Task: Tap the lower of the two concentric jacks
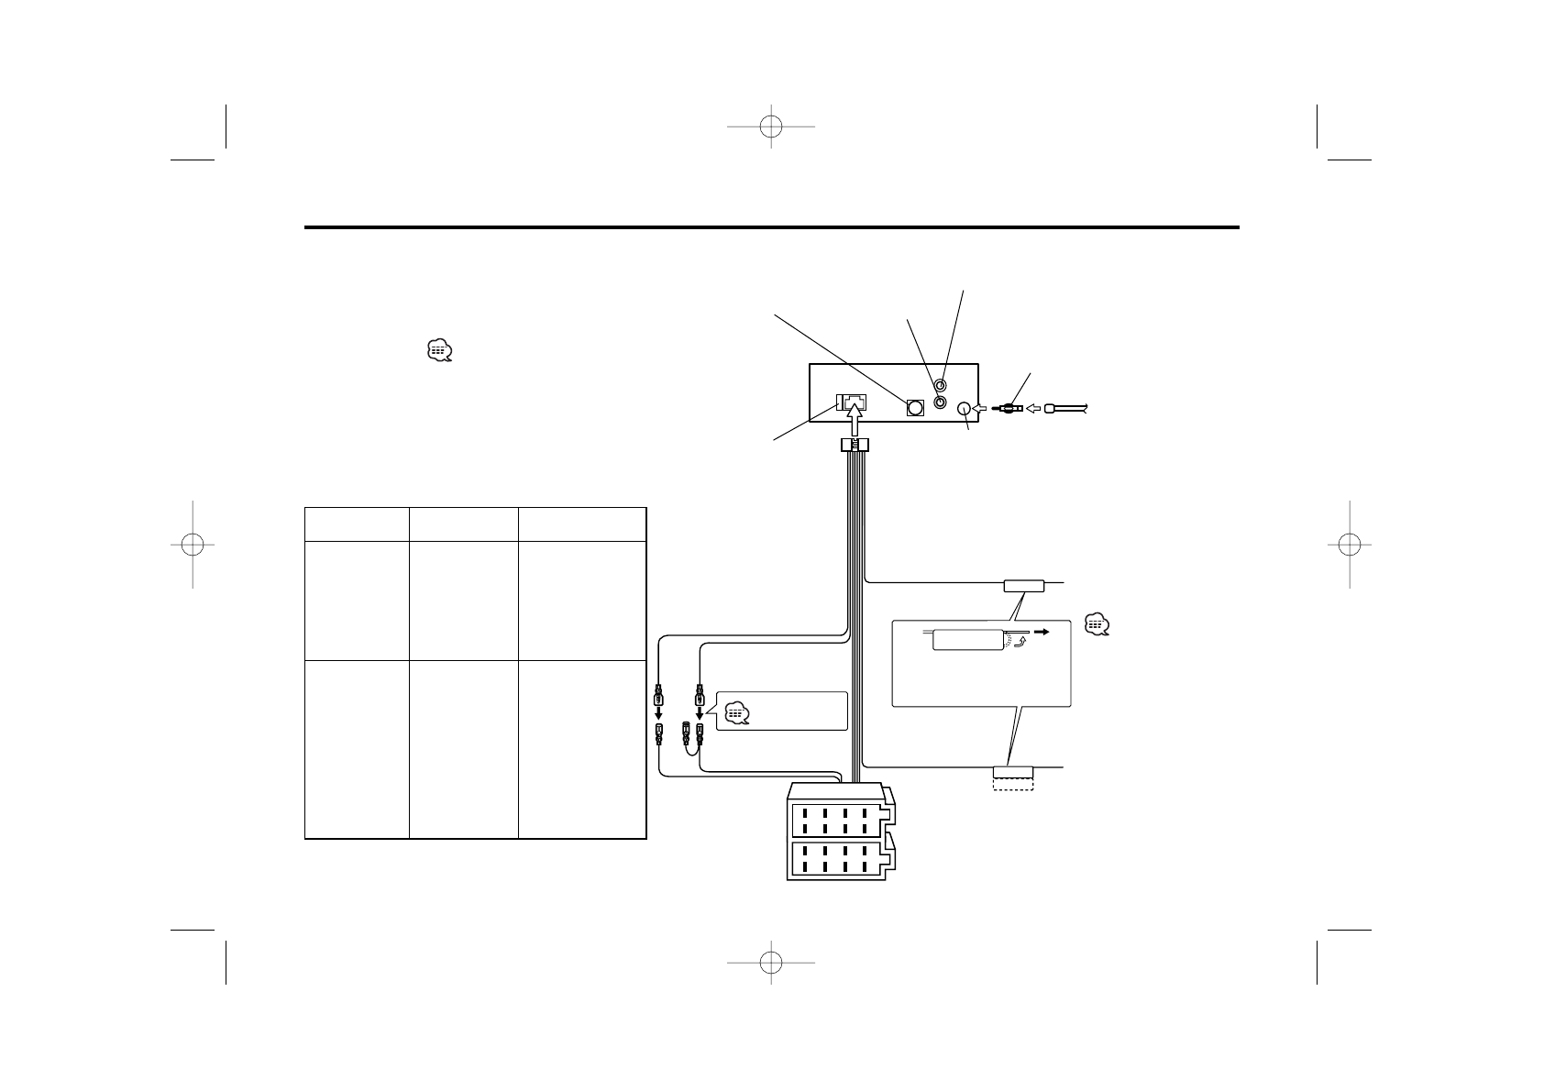(940, 402)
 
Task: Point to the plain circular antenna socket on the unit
(964, 409)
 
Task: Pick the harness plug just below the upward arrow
(855, 446)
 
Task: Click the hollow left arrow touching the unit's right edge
(979, 409)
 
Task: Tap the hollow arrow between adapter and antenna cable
(1031, 409)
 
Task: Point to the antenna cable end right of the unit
(1064, 409)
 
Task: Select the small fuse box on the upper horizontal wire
(1023, 584)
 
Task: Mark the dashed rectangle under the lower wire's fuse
(1013, 784)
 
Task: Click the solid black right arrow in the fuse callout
(1042, 632)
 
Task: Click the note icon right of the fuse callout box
(1096, 624)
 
